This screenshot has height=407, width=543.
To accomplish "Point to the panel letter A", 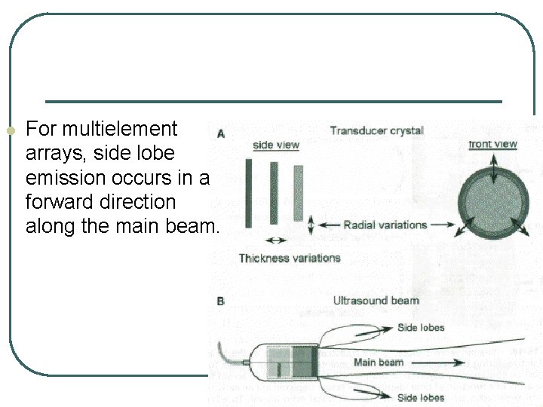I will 221,134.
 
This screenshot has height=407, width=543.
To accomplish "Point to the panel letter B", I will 221,301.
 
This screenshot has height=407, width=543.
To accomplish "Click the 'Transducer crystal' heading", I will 376,130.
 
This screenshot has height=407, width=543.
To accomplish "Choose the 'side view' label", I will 275,145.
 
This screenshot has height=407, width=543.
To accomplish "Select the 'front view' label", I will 492,144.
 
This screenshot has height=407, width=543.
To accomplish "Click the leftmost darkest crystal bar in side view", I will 248,194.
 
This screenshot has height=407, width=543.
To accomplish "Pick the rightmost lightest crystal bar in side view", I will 298,193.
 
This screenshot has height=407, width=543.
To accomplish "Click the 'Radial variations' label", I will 385,225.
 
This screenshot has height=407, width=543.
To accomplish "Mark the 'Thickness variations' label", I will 290,258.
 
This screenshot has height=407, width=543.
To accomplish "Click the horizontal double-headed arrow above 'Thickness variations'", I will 276,240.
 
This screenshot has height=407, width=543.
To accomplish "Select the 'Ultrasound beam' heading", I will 376,300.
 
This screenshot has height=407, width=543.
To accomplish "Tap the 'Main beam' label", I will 379,363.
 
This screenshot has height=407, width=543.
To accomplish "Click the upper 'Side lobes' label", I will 421,328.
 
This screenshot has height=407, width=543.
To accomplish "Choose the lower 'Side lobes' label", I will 421,397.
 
